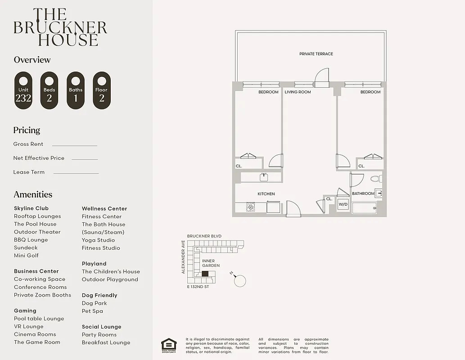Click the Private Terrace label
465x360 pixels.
coord(316,54)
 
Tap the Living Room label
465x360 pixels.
coord(298,92)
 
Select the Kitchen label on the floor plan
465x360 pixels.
coord(266,194)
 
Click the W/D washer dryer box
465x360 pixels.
coord(343,204)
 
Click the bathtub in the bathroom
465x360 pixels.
coord(364,208)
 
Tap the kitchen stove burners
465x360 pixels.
coord(251,207)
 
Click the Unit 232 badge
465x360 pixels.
coord(23,90)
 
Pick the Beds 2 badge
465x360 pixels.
coord(50,90)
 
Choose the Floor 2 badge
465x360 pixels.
coord(102,90)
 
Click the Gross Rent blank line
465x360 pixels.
coord(74,145)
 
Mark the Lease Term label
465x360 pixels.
coord(29,172)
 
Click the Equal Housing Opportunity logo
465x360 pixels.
coord(169,345)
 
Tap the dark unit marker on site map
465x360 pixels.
coord(205,274)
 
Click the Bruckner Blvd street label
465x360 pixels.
coord(204,236)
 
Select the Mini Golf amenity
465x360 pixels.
coord(26,256)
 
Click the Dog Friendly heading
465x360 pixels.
coord(99,296)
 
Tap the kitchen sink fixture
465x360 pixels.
coord(264,177)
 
